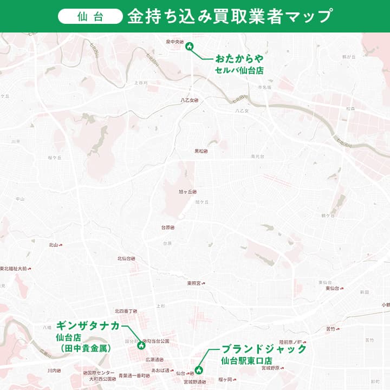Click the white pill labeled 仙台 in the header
pos(90,16)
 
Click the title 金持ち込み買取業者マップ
pos(229,16)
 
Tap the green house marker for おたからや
pos(190,47)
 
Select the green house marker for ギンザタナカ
pos(141,344)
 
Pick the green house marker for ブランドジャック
pos(199,370)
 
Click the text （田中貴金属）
pos(86,348)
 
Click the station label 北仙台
pos(125,258)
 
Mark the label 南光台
pos(257,156)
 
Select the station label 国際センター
pos(101,373)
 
